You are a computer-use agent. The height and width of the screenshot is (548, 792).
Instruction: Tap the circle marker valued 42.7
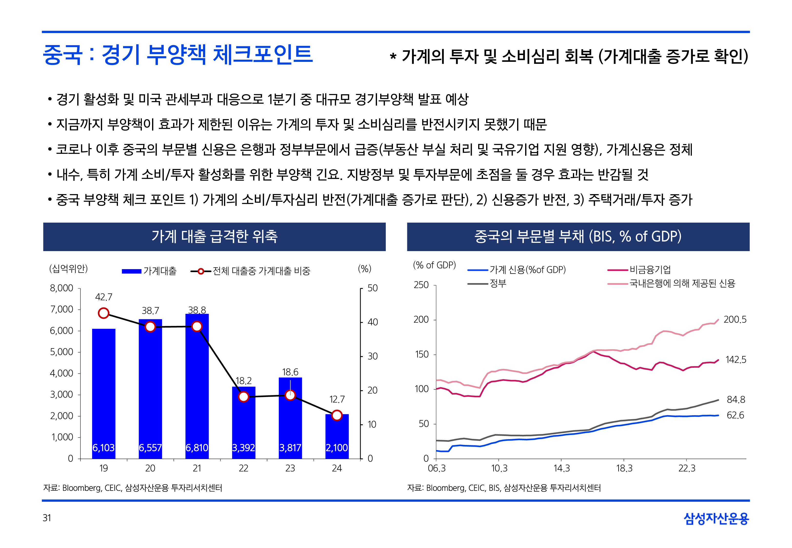103,313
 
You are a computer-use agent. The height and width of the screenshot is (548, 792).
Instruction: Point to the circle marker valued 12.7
337,416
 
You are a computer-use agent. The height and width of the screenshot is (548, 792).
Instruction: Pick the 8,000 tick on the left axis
62,288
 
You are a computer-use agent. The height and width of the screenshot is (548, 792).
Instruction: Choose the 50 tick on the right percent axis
372,288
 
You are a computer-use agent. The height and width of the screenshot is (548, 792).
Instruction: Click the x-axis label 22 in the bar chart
243,468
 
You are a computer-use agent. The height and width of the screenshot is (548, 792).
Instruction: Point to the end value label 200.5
735,320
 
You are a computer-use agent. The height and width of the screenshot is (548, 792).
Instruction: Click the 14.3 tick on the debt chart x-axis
561,468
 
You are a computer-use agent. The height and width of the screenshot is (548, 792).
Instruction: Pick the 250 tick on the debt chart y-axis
421,285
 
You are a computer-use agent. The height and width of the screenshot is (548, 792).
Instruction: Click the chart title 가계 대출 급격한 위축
214,236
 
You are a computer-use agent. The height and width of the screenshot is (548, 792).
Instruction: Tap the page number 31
47,518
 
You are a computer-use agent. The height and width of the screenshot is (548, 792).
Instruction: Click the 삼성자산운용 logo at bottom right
716,519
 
